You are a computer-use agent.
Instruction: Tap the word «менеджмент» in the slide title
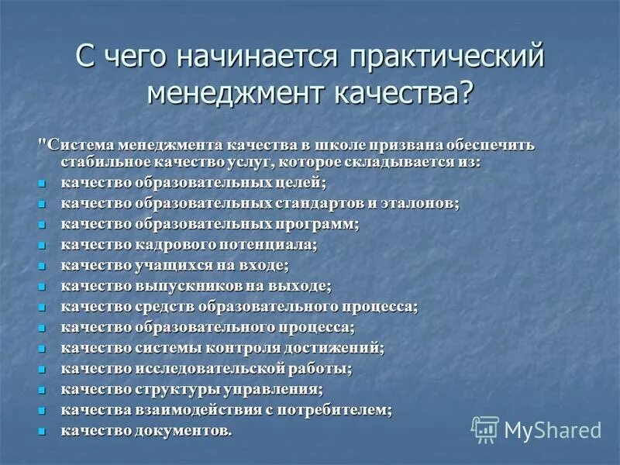tap(236, 92)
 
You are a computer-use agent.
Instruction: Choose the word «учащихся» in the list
tap(167, 266)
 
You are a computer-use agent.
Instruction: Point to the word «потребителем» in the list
tap(342, 409)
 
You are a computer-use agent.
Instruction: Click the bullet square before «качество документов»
tap(43, 431)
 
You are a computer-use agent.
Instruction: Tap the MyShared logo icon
tap(485, 429)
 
